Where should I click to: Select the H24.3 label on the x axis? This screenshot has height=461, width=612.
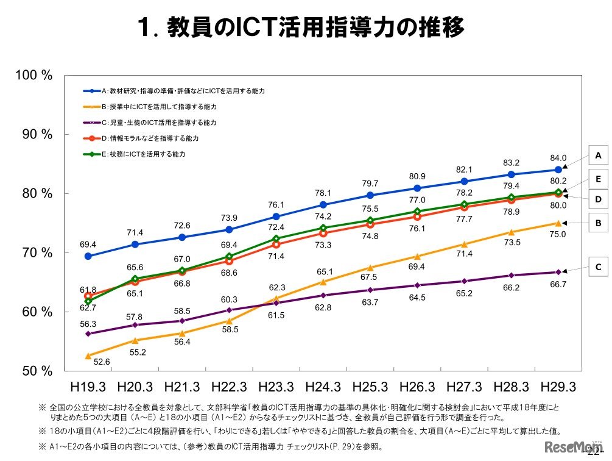pyautogui.click(x=323, y=387)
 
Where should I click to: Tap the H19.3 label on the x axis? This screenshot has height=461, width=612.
pyautogui.click(x=88, y=387)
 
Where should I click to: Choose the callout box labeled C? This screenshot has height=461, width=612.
pyautogui.click(x=598, y=266)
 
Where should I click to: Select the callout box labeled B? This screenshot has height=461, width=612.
pyautogui.click(x=598, y=224)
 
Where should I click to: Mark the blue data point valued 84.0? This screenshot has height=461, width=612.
pyautogui.click(x=558, y=170)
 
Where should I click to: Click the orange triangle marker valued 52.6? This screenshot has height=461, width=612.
pyautogui.click(x=88, y=356)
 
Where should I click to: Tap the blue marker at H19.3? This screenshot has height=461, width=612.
pyautogui.click(x=88, y=256)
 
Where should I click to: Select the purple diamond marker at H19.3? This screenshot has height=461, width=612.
pyautogui.click(x=88, y=334)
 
